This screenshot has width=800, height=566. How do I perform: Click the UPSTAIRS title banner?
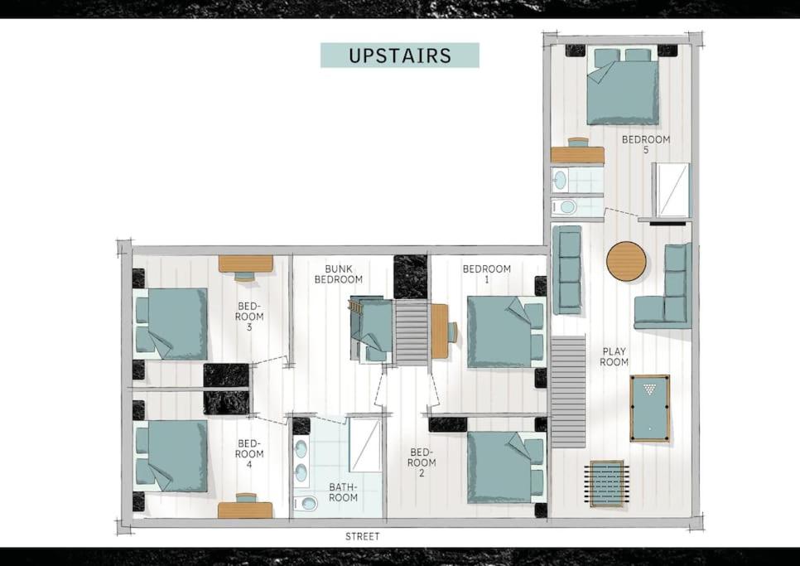[x=399, y=56]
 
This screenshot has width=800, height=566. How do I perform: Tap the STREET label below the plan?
[x=362, y=536]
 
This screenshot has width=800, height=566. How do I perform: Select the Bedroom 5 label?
[x=645, y=144]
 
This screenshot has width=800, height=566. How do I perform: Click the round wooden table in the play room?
[x=626, y=261]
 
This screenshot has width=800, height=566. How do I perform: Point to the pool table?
[x=649, y=409]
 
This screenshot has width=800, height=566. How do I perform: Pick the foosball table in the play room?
[x=607, y=483]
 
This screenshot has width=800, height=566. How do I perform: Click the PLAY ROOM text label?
[x=614, y=356]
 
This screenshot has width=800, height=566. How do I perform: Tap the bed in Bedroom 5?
[x=622, y=85]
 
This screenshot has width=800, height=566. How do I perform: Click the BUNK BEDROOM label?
[x=338, y=274]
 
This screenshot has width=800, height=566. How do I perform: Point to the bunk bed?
[x=371, y=329]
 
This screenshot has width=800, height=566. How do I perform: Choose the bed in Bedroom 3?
[x=171, y=323]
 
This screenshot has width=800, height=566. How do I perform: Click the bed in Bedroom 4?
[x=171, y=457]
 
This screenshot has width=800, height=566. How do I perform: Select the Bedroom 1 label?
[x=486, y=274]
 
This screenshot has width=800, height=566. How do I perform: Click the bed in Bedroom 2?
[x=506, y=467]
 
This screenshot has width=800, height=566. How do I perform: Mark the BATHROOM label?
[x=343, y=492]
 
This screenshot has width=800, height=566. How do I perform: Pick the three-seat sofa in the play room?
[x=566, y=269]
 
